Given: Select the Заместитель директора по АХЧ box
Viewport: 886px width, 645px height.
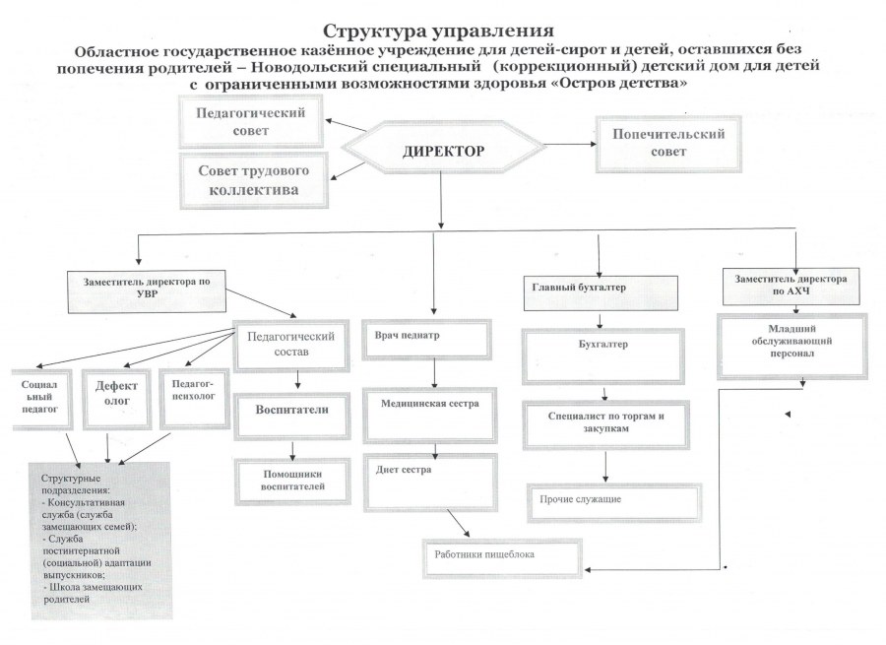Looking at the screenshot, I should point(790,285).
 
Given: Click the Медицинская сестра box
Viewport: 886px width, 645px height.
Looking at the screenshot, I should point(432,410).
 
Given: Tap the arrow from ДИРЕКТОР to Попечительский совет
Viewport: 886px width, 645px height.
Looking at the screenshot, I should point(568,145).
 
